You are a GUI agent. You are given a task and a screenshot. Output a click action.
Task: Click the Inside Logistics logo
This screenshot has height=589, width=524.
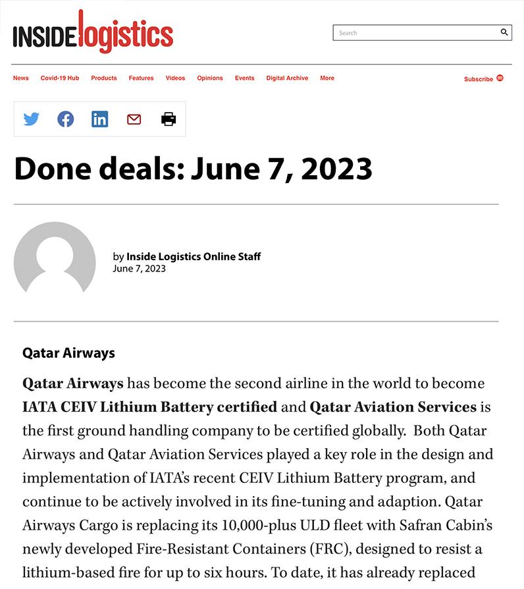click(x=93, y=33)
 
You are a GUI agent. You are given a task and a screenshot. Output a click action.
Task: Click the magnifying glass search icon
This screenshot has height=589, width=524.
click(x=504, y=32)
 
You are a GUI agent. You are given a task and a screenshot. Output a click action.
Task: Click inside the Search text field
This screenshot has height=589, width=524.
click(x=415, y=33)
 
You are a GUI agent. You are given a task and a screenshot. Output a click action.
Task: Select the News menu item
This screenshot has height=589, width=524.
click(x=21, y=78)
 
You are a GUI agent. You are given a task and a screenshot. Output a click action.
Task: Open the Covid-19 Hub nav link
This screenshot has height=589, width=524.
click(x=60, y=78)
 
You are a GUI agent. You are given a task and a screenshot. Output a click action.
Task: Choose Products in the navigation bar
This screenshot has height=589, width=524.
click(x=104, y=78)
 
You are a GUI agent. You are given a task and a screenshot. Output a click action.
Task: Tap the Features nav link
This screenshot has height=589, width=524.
click(x=141, y=78)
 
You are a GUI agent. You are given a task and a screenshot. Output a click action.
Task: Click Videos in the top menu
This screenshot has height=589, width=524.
click(x=175, y=78)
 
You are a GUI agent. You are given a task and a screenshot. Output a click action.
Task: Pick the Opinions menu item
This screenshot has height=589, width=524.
click(x=210, y=78)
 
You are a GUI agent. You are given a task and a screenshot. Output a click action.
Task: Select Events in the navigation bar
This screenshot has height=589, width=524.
click(x=245, y=78)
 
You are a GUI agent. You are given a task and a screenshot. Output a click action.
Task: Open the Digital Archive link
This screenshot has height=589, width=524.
click(x=287, y=78)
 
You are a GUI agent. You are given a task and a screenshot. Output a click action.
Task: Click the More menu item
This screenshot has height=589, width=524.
click(x=327, y=78)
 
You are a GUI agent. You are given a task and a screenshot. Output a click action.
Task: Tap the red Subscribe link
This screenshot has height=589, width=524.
click(x=479, y=79)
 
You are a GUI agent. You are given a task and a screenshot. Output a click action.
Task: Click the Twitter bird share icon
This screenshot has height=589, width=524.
click(x=32, y=119)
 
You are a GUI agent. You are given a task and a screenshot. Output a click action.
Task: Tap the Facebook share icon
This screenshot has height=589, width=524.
click(x=66, y=119)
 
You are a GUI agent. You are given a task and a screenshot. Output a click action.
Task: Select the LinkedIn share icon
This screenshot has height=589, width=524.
click(x=100, y=119)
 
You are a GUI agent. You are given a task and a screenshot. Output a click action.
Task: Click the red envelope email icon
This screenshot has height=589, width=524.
click(x=134, y=119)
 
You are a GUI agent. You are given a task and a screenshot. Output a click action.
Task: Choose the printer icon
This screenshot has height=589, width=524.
click(x=169, y=119)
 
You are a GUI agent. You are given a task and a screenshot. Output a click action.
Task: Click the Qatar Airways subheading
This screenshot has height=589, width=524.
click(x=68, y=353)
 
